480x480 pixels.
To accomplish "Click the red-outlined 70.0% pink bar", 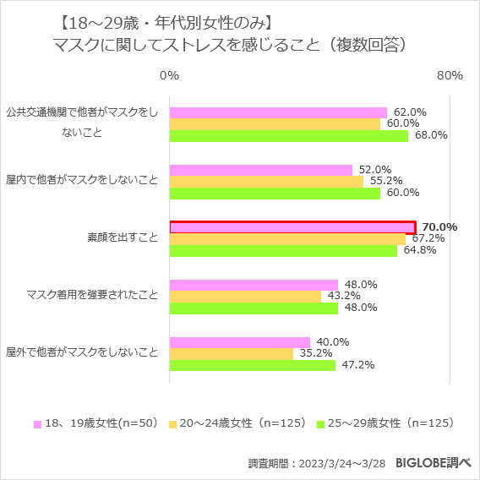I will point(292,226).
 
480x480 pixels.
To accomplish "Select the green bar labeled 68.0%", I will point(289,135).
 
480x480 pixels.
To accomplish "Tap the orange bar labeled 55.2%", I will point(266,181).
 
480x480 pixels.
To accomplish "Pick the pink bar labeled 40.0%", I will point(240,342).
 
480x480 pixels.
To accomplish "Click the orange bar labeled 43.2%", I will point(245,296).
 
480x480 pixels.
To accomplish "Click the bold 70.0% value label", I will point(439,226).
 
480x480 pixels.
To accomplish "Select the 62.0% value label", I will point(410,112).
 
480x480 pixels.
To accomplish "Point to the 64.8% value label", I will point(420,250).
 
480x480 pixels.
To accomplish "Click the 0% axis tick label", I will point(169,76).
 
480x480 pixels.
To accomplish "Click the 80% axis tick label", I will point(449,76).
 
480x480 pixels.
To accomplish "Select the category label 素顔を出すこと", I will point(123,238).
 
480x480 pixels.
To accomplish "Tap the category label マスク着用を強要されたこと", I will point(92,295).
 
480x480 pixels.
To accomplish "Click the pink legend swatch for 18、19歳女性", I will point(37,423).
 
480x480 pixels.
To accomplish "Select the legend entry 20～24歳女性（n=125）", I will point(242,423).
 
